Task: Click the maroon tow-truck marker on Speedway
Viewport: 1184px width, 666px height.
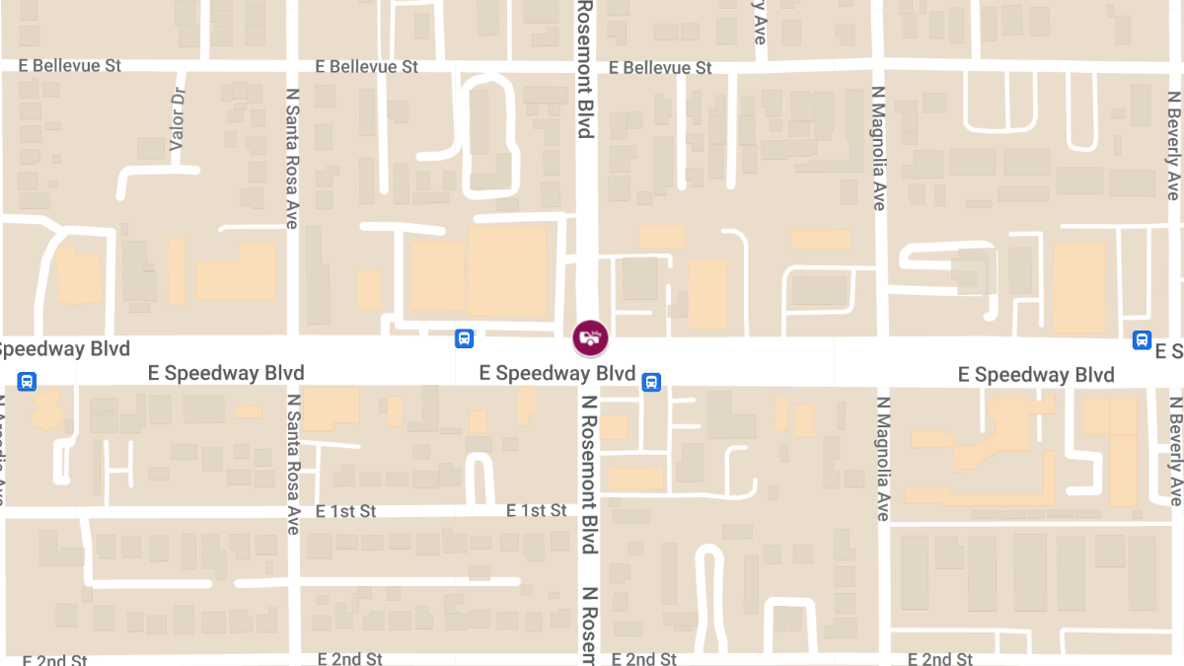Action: [590, 337]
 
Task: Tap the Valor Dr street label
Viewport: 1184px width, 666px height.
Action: [178, 119]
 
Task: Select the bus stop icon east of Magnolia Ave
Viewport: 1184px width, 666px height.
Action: [1142, 340]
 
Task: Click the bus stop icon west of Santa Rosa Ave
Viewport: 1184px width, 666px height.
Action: [27, 381]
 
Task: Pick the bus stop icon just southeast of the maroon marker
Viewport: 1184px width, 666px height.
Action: [651, 382]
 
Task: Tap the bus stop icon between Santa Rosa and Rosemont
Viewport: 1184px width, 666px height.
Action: [464, 338]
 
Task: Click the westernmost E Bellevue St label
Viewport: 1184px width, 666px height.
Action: [70, 65]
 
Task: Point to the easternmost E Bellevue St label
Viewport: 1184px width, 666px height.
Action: [660, 68]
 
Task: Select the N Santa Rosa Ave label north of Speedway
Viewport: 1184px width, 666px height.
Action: [292, 158]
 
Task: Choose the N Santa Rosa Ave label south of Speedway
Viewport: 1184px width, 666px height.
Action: [292, 464]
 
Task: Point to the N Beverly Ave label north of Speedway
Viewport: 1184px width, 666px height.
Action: [1173, 146]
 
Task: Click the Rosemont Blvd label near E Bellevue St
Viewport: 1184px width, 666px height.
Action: [584, 69]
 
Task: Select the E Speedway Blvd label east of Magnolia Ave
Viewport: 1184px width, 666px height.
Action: [1036, 375]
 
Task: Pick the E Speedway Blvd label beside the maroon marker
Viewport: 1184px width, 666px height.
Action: [556, 373]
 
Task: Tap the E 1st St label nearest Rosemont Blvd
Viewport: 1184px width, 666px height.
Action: [537, 510]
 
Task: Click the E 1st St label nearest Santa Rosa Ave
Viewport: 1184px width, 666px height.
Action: [346, 511]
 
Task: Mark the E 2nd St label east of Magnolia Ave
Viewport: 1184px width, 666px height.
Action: [940, 658]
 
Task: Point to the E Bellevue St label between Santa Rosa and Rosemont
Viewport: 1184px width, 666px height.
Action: [367, 66]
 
